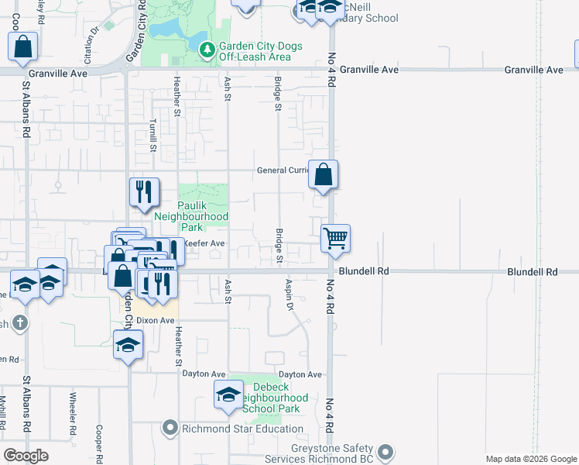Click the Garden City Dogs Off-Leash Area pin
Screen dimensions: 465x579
(207, 51)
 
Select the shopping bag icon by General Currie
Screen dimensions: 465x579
(324, 174)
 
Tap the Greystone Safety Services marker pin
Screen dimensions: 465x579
(386, 450)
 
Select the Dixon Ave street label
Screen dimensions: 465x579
(156, 320)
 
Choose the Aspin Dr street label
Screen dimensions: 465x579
(290, 295)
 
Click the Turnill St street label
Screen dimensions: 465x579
(153, 135)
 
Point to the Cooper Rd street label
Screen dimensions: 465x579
(99, 438)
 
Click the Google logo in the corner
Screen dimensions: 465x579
(26, 456)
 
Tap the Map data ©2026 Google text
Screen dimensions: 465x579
(531, 459)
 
